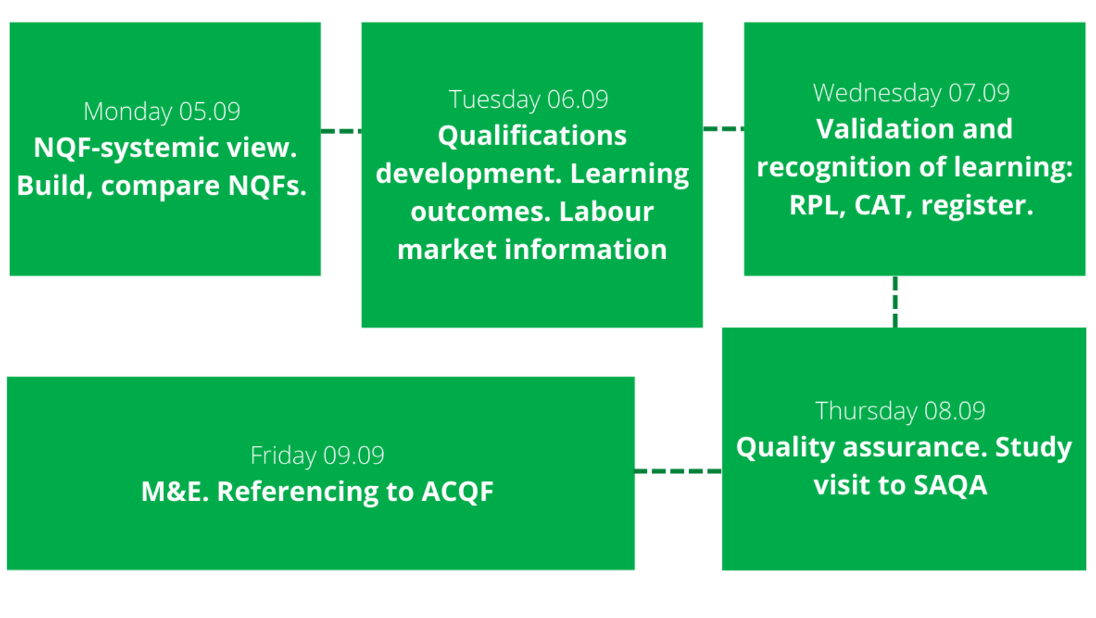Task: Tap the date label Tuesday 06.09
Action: point(529,100)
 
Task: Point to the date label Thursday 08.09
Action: point(900,411)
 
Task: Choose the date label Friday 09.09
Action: point(317,456)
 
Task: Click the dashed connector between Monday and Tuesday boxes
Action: point(341,131)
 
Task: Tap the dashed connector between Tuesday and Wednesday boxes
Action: point(724,129)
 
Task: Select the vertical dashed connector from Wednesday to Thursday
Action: point(895,302)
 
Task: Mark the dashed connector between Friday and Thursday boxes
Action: point(678,471)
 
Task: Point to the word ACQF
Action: point(458,492)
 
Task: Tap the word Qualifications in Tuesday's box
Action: point(533,136)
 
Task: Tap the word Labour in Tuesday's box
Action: point(606,212)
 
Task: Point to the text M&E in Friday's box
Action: point(175,492)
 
